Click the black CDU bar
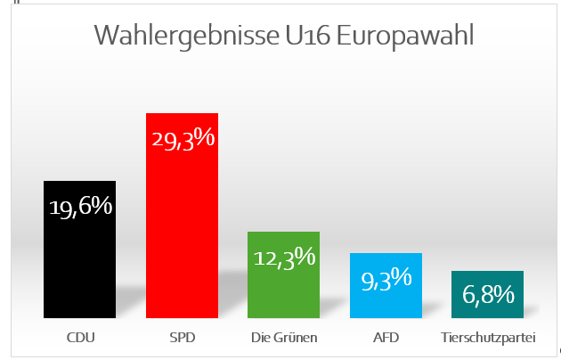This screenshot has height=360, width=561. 79,258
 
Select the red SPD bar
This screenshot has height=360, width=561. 182,232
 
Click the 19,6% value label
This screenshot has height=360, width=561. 80,207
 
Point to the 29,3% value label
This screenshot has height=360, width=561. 183,139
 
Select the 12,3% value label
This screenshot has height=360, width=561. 284,258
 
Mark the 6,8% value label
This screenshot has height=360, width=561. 487,294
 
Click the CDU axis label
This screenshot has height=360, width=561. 80,339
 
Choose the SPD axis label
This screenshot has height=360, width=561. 182,339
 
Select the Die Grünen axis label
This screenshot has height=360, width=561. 284,339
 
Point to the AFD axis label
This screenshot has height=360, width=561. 386,339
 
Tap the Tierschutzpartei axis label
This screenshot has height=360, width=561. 487,339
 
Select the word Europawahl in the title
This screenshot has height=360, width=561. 409,37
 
